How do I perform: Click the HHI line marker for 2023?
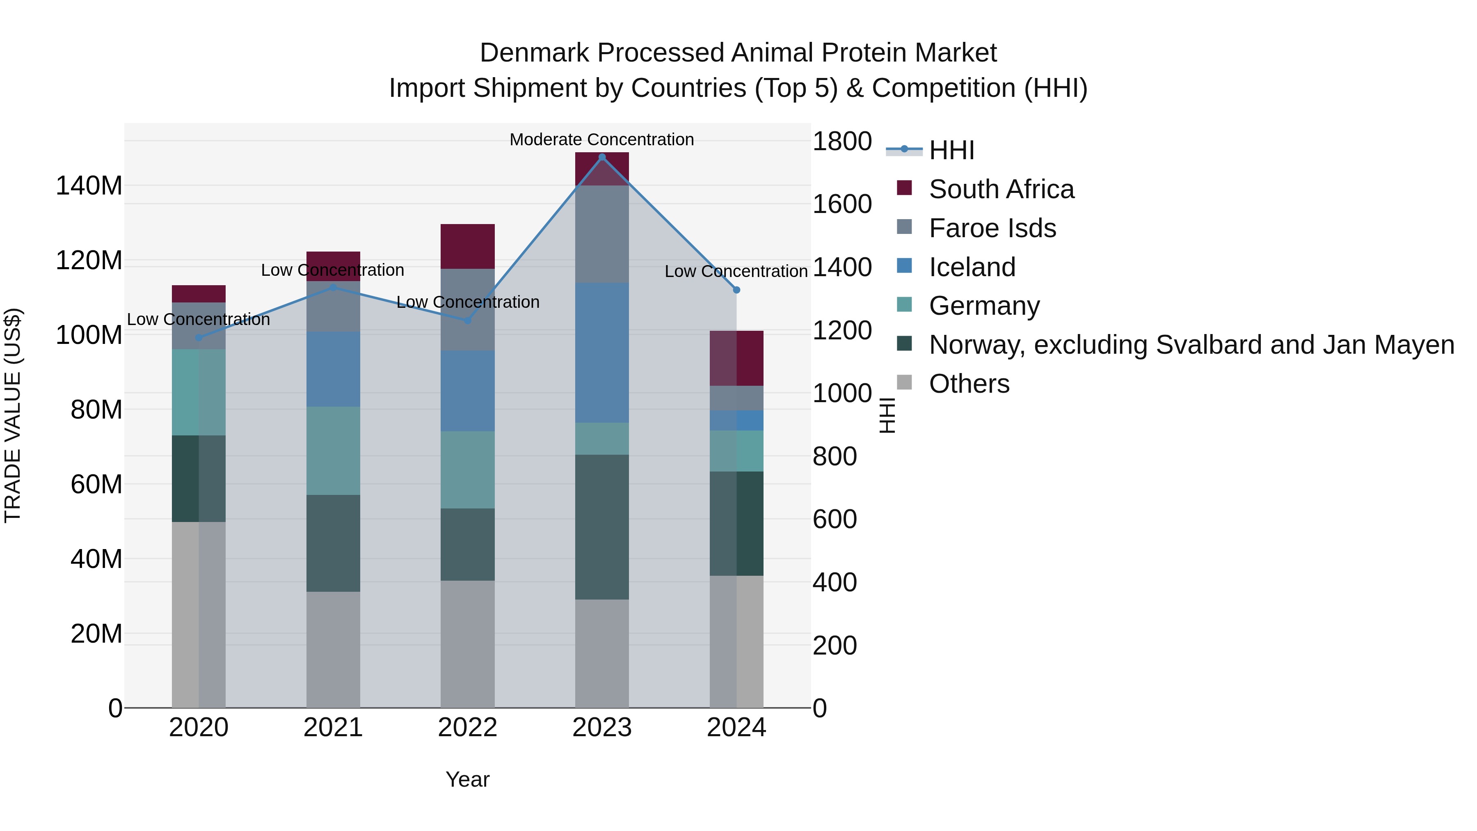point(601,157)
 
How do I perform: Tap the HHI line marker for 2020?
point(199,338)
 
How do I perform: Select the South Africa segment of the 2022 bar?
point(467,247)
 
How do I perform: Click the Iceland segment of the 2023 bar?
point(601,353)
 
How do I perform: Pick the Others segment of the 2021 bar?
point(333,649)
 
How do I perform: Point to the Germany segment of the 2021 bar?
point(333,451)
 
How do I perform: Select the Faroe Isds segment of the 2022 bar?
point(467,310)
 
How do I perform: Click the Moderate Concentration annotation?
point(601,140)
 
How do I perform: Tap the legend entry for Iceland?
point(972,267)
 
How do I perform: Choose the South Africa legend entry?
point(1001,189)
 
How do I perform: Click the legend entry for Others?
point(969,384)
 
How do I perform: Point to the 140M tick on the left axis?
point(89,186)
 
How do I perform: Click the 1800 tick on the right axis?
point(842,141)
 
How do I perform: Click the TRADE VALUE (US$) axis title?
point(13,415)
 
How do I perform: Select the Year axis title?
point(467,779)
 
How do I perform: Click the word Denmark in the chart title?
point(534,53)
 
